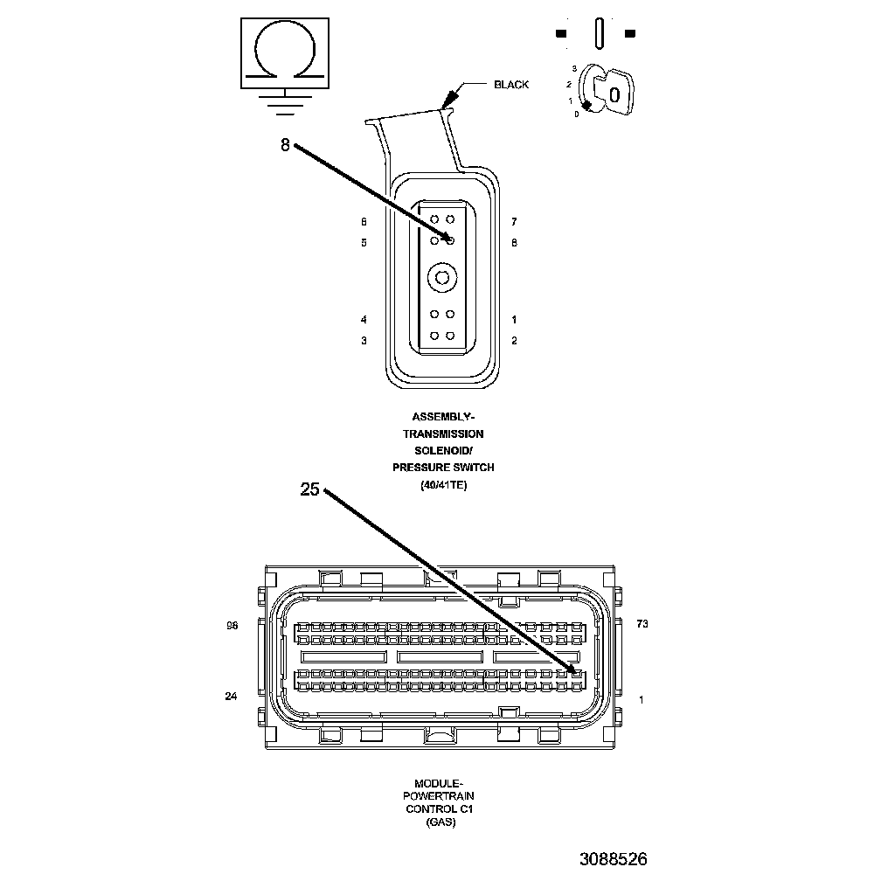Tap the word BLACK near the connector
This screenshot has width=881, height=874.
(511, 85)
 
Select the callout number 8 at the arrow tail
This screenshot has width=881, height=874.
(285, 146)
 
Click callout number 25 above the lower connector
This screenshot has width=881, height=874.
(310, 489)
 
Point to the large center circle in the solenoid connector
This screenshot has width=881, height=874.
(442, 278)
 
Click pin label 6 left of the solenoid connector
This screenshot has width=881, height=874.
(364, 222)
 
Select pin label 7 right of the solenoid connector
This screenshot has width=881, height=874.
(514, 222)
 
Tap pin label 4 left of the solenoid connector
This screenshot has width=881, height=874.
(364, 320)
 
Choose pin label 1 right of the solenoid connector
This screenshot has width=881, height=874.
(514, 320)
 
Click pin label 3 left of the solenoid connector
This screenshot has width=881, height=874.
(364, 341)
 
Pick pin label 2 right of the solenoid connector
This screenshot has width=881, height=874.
(514, 341)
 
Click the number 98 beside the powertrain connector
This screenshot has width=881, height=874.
(232, 626)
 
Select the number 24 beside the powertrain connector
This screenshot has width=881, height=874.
(232, 697)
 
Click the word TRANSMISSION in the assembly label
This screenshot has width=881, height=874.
(443, 434)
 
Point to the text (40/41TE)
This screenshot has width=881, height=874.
(443, 485)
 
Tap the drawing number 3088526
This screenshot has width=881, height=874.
(613, 858)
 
